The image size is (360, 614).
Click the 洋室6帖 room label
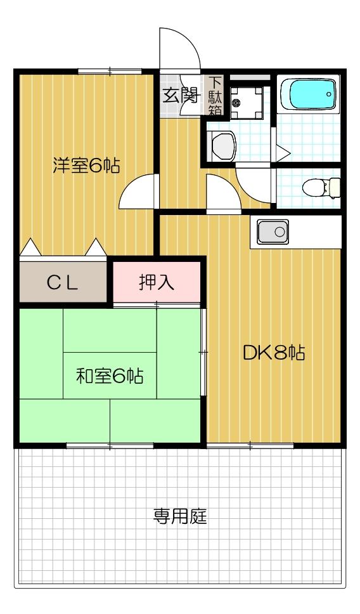(86, 166)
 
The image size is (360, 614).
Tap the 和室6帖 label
(109, 376)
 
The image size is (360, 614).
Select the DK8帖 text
(273, 353)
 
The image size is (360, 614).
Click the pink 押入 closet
(157, 282)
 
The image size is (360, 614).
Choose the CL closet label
(62, 283)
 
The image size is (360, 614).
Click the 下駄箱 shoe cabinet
(215, 96)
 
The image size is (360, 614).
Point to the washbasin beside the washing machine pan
(222, 147)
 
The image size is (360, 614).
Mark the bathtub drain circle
(329, 95)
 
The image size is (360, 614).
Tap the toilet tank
(335, 188)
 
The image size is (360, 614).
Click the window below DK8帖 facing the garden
(251, 445)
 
